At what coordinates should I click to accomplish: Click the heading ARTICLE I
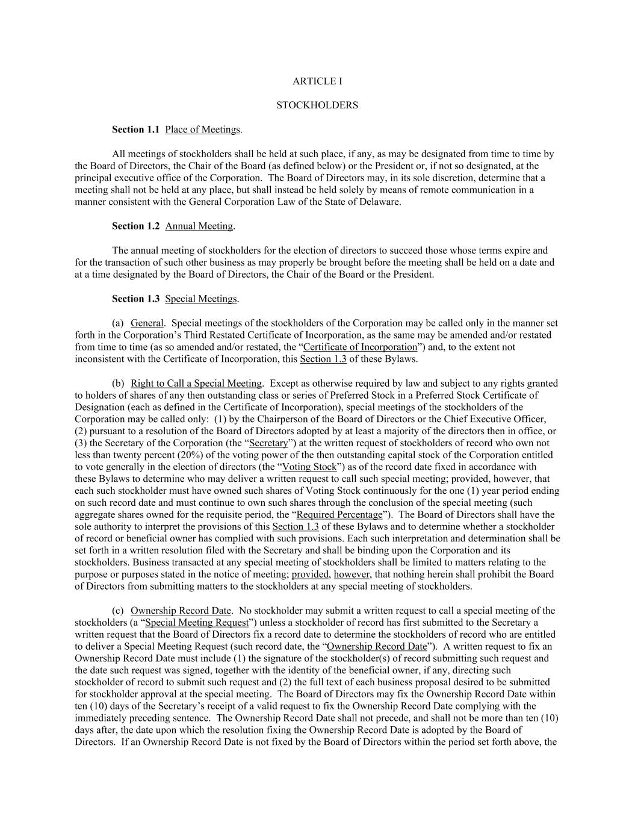pyautogui.click(x=317, y=81)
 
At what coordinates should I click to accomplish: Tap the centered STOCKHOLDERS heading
pyautogui.click(x=317, y=105)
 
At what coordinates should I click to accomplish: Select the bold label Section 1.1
pyautogui.click(x=135, y=129)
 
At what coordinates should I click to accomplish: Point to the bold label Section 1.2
pyautogui.click(x=135, y=226)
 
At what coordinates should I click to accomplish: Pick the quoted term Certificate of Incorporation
pyautogui.click(x=360, y=347)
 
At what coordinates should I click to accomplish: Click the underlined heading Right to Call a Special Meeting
pyautogui.click(x=196, y=383)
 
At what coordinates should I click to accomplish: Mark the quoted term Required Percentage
pyautogui.click(x=339, y=514)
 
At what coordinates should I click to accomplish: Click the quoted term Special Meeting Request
pyautogui.click(x=197, y=622)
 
